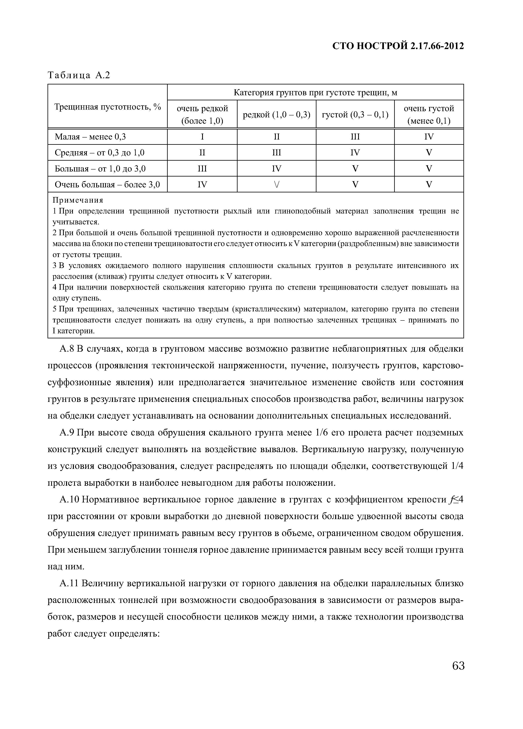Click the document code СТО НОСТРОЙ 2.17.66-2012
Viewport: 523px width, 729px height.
[x=398, y=46]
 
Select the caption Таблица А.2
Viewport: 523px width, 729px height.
[x=79, y=75]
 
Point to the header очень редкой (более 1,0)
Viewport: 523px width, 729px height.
[x=202, y=114]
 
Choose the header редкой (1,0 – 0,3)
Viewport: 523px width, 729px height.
[x=276, y=114]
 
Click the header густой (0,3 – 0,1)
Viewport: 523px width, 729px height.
[x=355, y=114]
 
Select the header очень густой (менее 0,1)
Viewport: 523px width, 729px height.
[x=429, y=114]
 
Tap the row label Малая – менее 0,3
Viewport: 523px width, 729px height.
[x=90, y=137]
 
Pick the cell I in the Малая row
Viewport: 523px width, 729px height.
[x=202, y=137]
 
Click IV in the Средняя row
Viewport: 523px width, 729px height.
[x=355, y=153]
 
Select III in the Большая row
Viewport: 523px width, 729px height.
[x=202, y=169]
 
